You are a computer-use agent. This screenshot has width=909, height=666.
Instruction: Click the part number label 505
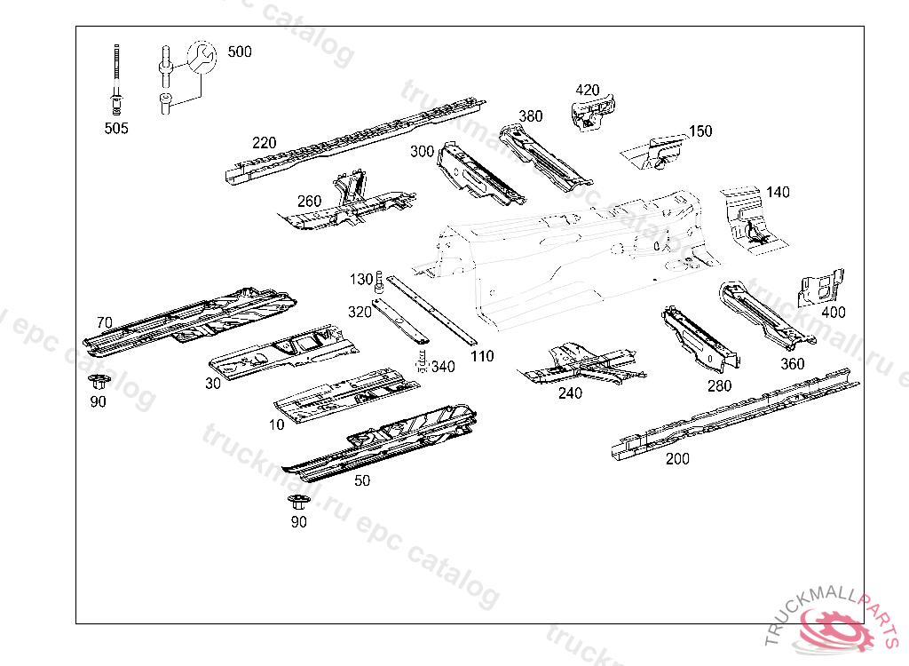(x=116, y=128)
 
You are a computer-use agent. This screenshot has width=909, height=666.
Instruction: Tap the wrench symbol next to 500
(x=202, y=57)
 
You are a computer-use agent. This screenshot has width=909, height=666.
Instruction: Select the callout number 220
(x=264, y=143)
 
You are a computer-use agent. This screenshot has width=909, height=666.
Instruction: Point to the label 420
(x=588, y=90)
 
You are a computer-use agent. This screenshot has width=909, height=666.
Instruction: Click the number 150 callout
(x=700, y=131)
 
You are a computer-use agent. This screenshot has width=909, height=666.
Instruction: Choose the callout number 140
(x=778, y=192)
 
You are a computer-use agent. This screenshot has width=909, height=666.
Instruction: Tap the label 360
(x=792, y=363)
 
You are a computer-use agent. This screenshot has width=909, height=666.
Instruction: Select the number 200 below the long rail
(x=677, y=459)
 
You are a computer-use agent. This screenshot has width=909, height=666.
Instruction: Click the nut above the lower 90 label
(x=298, y=502)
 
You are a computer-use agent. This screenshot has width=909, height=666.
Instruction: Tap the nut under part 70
(x=98, y=384)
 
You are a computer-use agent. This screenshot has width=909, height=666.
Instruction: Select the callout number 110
(x=482, y=357)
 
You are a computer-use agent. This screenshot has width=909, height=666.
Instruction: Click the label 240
(x=570, y=393)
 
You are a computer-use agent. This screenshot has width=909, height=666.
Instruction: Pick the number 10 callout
(x=276, y=424)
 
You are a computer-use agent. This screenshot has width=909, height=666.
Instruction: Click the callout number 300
(x=422, y=152)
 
